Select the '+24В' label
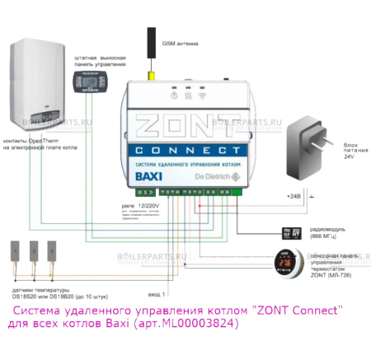click(293, 197)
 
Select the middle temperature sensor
click(35, 251)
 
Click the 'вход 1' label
click(156, 294)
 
